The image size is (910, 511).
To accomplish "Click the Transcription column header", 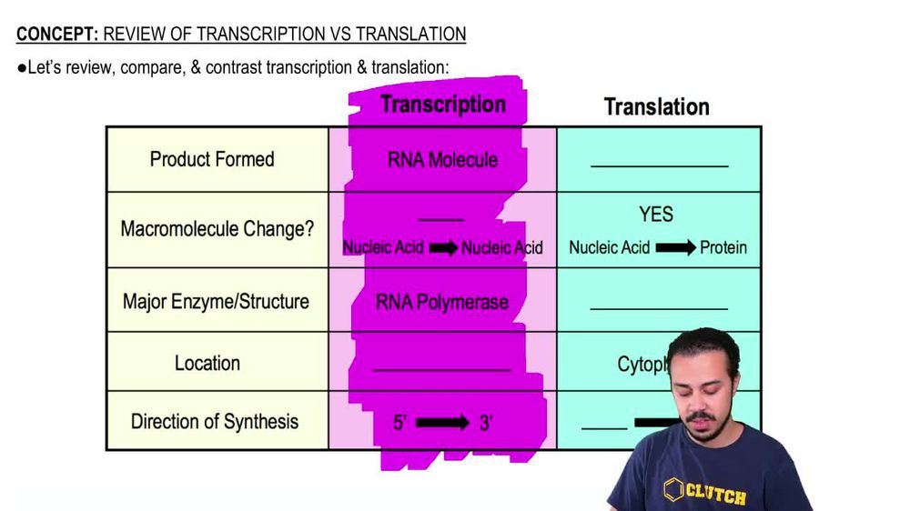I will (443, 105).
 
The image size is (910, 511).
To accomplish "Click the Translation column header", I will (656, 107).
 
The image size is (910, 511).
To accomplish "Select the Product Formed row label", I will (212, 159).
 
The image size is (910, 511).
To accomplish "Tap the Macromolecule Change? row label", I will (217, 228).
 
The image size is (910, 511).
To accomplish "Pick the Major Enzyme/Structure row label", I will (216, 301).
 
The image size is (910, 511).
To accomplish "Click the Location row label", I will (207, 363).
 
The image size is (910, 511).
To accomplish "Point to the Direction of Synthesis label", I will (215, 421).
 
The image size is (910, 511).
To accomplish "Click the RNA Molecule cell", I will (442, 160).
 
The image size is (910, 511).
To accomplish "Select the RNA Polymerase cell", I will (442, 302).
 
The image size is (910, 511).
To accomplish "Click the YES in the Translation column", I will (656, 215).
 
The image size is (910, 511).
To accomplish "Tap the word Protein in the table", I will (723, 247).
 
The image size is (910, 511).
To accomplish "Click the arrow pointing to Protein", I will (674, 247).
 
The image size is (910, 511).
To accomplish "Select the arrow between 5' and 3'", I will (442, 423).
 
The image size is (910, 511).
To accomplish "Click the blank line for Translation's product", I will (659, 166).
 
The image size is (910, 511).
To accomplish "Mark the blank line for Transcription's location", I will (442, 370).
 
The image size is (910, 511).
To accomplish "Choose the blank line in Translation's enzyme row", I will (659, 309).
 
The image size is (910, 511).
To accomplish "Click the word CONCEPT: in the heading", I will (57, 35).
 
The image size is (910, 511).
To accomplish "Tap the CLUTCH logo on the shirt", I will (705, 494).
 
